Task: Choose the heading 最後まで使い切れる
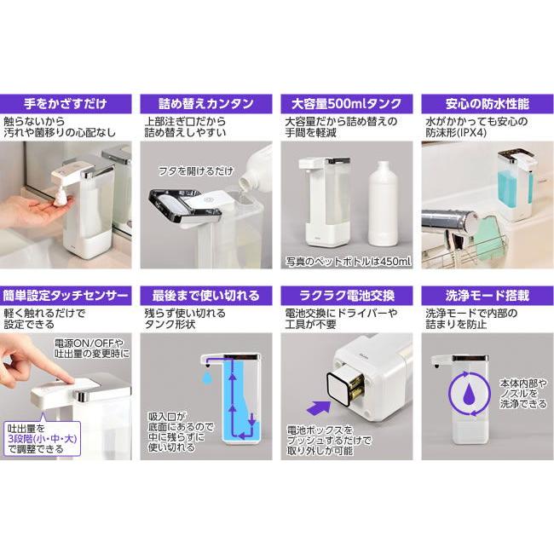[206, 296]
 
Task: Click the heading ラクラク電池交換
[347, 296]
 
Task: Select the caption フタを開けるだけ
[193, 171]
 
